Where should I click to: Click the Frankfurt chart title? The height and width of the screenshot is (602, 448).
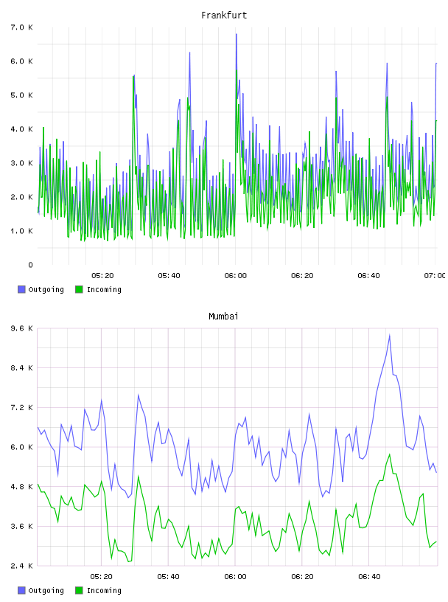pos(224,15)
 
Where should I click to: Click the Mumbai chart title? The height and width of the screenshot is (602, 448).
pos(223,316)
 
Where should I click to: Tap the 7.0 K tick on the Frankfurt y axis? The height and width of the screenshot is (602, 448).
pos(21,27)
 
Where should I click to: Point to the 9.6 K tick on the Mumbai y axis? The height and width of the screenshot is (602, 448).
pos(21,328)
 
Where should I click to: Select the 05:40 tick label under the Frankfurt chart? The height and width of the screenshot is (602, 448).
pos(169,276)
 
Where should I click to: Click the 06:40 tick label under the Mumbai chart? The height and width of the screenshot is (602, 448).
pos(369,577)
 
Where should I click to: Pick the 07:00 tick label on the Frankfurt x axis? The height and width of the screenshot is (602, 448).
pos(434,276)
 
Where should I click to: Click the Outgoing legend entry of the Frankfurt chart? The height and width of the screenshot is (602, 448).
pos(41,289)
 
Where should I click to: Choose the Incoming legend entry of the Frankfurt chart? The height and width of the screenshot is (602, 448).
pos(98,289)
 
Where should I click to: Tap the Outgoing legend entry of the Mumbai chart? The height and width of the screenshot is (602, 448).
pos(41,590)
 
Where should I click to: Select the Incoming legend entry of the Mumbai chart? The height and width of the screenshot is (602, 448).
pos(98,590)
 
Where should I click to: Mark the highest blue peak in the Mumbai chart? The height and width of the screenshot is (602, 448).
pos(389,335)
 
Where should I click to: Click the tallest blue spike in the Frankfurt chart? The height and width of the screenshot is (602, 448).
pos(237,34)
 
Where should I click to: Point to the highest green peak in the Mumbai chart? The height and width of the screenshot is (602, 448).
pos(389,454)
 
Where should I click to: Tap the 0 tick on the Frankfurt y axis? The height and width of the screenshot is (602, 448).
pos(30,265)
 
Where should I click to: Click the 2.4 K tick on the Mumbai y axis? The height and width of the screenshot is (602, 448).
pos(21,566)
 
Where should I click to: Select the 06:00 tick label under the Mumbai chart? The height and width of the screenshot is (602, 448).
pos(236,577)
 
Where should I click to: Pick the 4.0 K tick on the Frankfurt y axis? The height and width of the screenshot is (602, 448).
pos(21,129)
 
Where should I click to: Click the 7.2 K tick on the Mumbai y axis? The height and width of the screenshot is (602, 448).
pos(21,408)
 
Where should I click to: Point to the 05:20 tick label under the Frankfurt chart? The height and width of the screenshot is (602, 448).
pos(102,276)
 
